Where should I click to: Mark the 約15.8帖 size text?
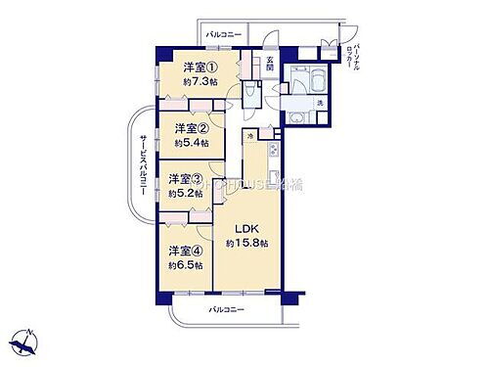point(246,243)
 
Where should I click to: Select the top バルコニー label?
point(224,35)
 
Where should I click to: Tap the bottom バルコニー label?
point(227,309)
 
